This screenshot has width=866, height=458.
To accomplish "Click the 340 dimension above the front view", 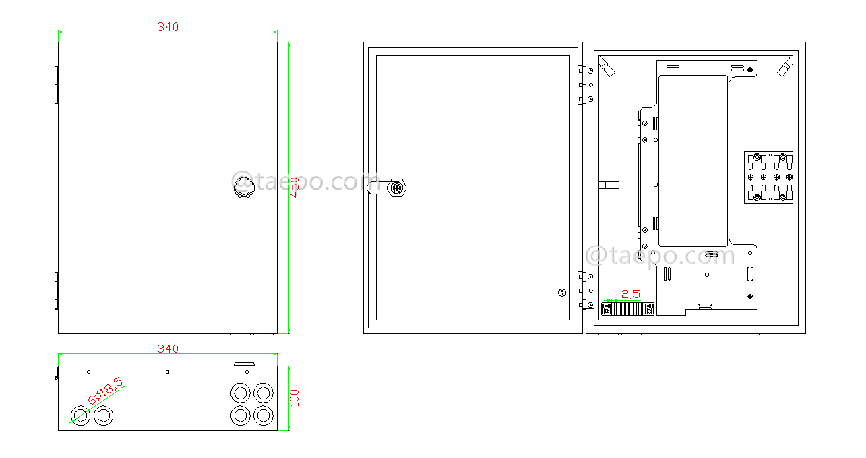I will [x=168, y=27].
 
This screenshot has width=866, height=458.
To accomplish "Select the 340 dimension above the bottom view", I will [x=168, y=349].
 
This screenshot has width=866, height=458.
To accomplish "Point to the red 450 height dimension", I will [x=295, y=187].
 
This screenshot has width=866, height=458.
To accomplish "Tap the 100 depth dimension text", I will [x=295, y=398].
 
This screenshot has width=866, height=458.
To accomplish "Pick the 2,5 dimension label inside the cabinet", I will [x=631, y=294].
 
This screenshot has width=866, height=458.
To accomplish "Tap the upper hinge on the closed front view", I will [x=56, y=85].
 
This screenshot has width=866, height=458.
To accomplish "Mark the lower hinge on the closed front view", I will [x=56, y=291].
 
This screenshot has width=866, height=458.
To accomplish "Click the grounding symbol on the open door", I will [x=561, y=293].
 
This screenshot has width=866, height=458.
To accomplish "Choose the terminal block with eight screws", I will [x=768, y=177].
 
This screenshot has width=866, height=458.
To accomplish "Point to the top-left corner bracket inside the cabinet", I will [x=607, y=67].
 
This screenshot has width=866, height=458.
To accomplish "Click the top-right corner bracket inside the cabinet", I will [x=784, y=67].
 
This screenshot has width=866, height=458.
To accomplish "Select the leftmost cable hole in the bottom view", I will [x=80, y=416].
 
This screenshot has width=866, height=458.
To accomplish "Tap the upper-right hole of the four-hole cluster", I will [x=263, y=393].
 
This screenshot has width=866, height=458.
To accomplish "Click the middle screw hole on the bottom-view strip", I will [x=168, y=372].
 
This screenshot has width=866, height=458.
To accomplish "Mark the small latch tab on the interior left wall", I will [x=609, y=185].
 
